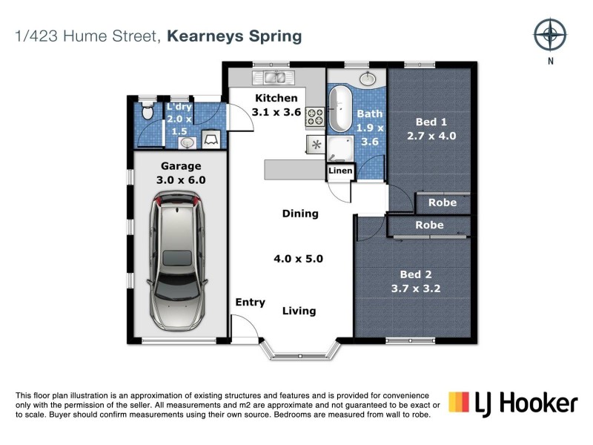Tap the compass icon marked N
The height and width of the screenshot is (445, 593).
coord(550,34)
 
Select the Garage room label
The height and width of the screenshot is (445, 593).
coord(181,166)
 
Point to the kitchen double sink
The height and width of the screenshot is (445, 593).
coord(274,77)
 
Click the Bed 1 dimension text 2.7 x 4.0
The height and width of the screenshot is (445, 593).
coord(431,136)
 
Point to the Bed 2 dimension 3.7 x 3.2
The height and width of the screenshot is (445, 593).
coord(416,289)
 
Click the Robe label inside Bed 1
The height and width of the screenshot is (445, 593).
coord(443,202)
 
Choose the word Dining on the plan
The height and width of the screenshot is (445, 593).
coord(300,214)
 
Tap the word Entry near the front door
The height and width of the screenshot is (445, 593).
coord(250,302)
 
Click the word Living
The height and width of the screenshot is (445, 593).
coord(299,311)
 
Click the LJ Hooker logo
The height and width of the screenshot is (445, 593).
coord(512,403)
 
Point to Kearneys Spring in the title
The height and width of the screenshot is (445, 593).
coord(234,36)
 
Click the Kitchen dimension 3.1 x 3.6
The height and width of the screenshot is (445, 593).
coord(276,113)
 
